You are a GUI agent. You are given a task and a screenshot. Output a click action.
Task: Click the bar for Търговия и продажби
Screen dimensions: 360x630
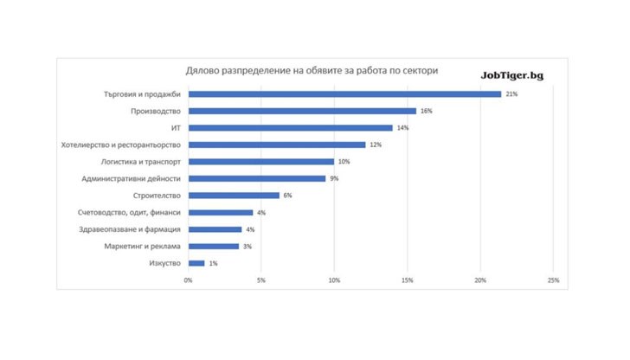(344, 93)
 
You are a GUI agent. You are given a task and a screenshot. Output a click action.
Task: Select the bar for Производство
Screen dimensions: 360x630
(302, 111)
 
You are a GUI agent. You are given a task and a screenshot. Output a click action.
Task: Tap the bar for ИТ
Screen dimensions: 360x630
(290, 127)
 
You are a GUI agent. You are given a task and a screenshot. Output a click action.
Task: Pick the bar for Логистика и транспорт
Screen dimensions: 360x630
(260, 162)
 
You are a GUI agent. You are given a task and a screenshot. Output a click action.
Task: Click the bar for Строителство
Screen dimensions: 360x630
(234, 196)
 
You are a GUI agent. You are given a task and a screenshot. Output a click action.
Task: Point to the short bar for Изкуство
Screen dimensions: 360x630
(196, 263)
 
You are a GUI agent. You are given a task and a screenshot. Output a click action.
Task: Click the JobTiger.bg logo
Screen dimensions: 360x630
(512, 74)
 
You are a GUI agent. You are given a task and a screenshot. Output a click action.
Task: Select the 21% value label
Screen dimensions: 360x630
(511, 93)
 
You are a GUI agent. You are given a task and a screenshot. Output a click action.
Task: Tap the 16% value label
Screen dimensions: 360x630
(426, 111)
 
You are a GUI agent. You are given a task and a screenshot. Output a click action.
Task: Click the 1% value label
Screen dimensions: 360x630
(213, 263)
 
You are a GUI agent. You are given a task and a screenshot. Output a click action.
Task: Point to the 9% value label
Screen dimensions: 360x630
(334, 178)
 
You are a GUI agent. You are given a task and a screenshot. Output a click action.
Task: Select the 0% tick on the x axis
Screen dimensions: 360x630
(188, 280)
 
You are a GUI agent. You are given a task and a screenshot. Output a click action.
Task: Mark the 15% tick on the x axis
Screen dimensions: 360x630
(408, 280)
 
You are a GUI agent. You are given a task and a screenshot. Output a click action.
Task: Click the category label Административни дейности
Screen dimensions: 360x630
(131, 178)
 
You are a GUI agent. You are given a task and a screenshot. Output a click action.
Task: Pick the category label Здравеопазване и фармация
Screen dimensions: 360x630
(130, 229)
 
